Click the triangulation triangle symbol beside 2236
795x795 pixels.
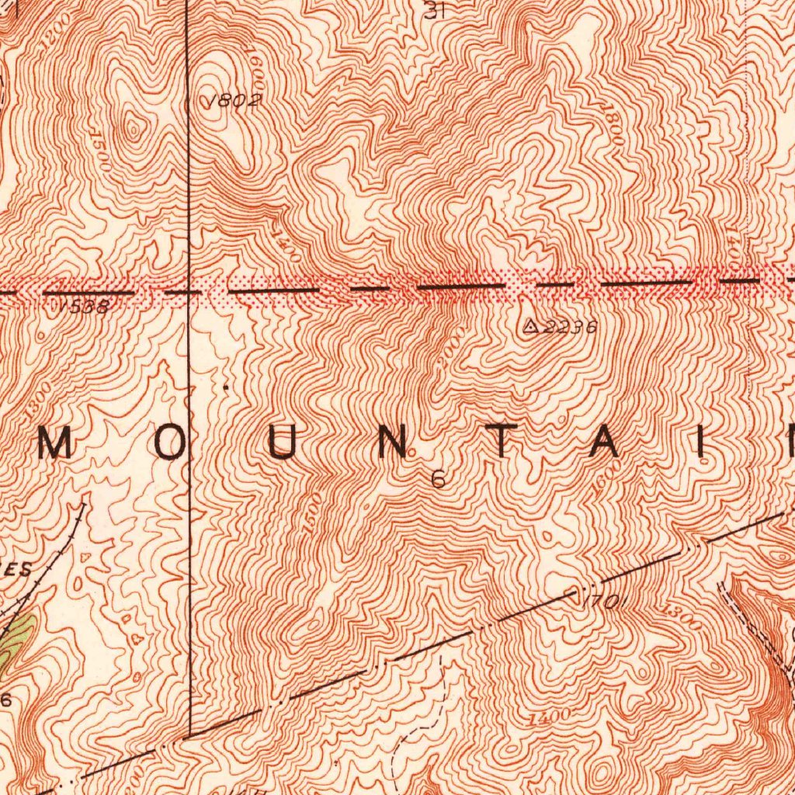tap(531, 326)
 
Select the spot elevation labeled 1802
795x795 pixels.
tap(233, 100)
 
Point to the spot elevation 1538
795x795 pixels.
tap(84, 307)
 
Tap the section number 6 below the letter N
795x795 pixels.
tap(439, 480)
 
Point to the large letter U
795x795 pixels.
tap(283, 443)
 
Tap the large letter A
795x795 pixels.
tap(607, 443)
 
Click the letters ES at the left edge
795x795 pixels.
tap(19, 569)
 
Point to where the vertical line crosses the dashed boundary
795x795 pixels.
tap(190, 292)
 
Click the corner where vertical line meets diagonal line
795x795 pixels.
tap(190, 735)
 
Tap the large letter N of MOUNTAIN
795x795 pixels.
tap(393, 443)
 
